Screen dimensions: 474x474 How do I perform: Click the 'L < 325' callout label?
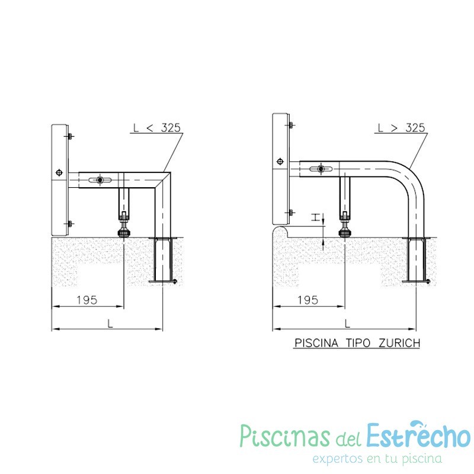pos(157,127)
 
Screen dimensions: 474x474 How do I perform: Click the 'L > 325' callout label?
pos(401,127)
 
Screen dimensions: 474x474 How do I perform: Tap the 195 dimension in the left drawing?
pos(87,300)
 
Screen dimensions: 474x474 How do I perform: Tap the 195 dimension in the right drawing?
pos(308,300)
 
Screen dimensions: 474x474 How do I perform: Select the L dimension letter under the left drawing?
pos(110,324)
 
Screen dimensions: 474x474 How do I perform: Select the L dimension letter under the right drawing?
pos(347,324)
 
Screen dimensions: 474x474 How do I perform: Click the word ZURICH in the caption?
pos(399,343)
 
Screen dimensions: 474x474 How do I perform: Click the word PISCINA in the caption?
pos(316,343)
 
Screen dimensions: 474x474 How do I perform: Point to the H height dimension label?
pos(315,217)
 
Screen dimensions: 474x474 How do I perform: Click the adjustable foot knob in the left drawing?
pos(124,233)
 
